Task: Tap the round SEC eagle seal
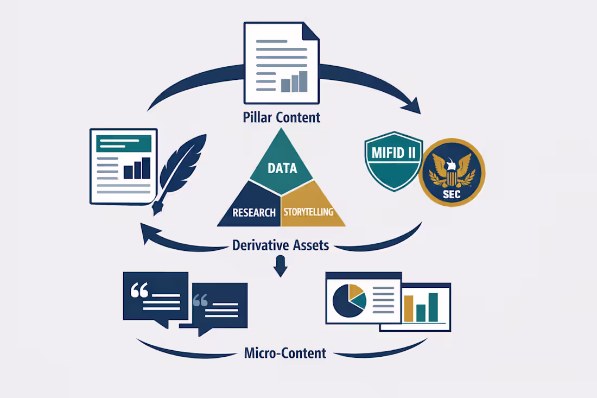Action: [452, 173]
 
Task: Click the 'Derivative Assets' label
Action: [281, 245]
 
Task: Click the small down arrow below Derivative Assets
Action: [281, 266]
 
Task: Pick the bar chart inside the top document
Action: [294, 81]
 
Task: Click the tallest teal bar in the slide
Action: [433, 307]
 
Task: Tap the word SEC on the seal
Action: [452, 195]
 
